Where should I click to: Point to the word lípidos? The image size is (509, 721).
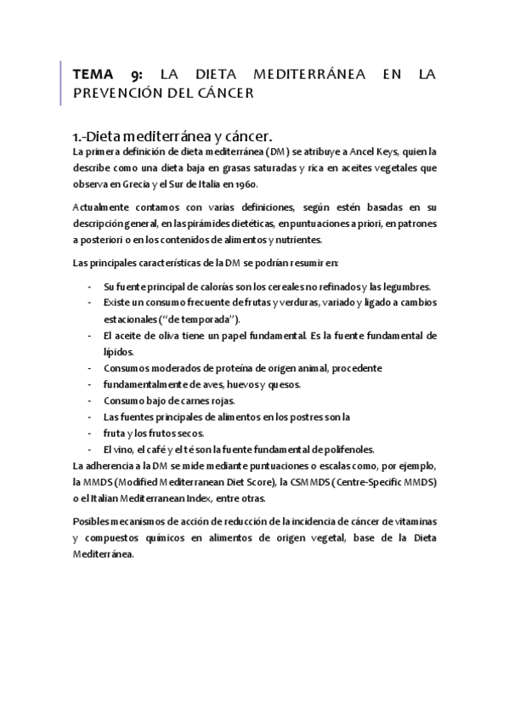pos(118,351)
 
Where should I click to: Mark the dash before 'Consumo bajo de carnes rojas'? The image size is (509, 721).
pos(90,400)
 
